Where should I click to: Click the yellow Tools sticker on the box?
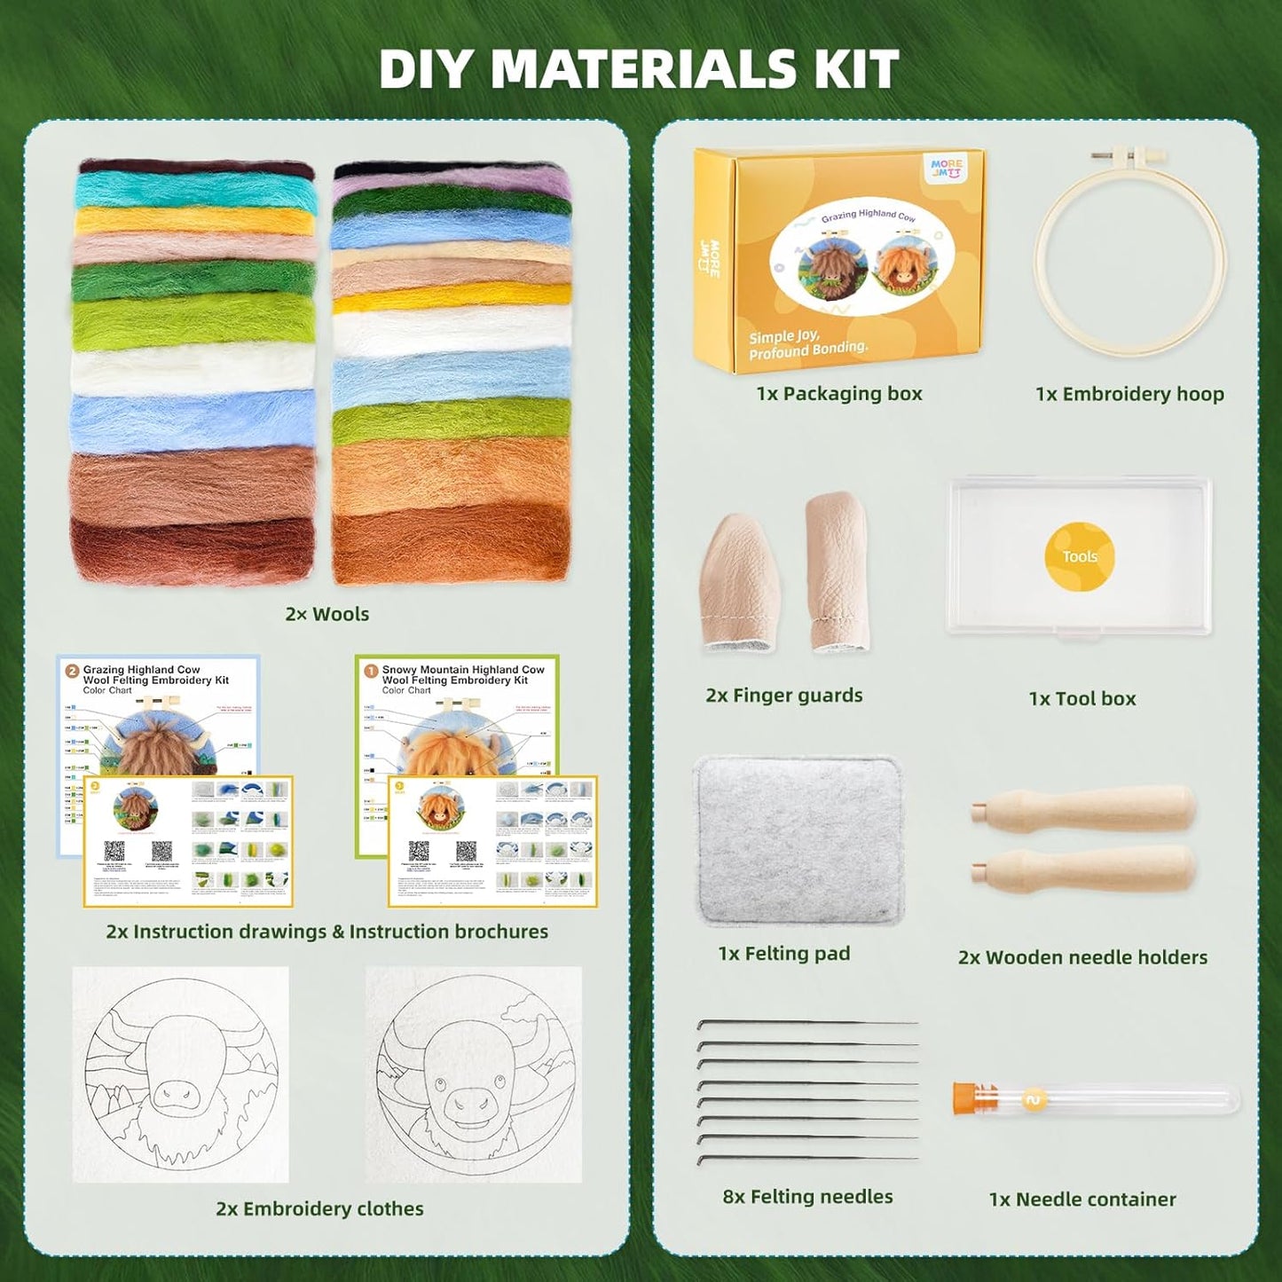tap(1079, 556)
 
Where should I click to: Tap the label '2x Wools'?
tap(326, 614)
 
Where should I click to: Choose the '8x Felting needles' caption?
tap(807, 1197)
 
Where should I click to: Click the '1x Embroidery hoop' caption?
tap(1129, 394)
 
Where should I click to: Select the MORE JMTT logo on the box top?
tap(946, 168)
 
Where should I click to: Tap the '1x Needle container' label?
tap(1081, 1199)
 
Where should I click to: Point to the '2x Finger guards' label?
tap(783, 696)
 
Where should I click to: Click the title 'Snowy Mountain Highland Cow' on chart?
tap(463, 670)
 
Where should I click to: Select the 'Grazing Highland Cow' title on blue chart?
tap(142, 670)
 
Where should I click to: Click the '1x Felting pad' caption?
tap(783, 954)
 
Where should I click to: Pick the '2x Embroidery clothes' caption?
tap(319, 1208)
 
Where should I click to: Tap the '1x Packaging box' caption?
tap(838, 394)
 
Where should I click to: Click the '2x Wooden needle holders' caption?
tap(1082, 957)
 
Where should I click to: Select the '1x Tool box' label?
tap(1081, 699)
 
